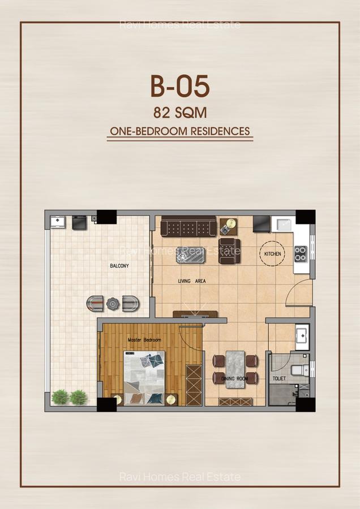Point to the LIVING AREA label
(191, 281)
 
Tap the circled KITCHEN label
(272, 254)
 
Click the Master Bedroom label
(144, 340)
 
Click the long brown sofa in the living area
(188, 227)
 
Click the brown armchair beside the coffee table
(230, 251)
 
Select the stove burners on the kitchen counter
(300, 254)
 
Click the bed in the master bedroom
(144, 377)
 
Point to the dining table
(235, 369)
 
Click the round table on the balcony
(113, 304)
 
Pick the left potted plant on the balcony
(59, 397)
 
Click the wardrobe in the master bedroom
(194, 384)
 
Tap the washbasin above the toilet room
(302, 334)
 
